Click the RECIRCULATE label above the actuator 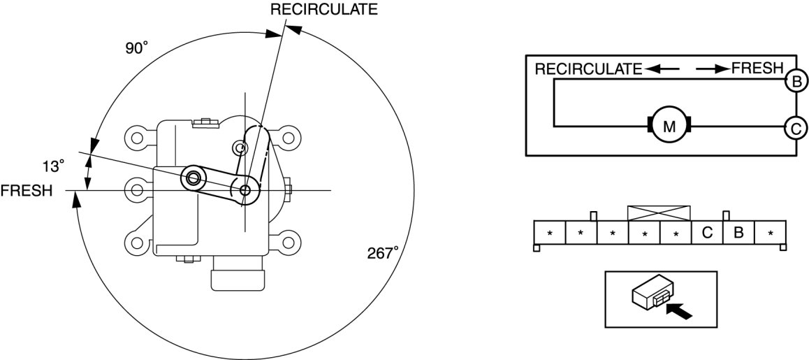click(x=323, y=9)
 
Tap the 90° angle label click(x=137, y=48)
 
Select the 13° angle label click(x=54, y=166)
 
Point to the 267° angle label click(x=383, y=252)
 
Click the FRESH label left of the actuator click(x=27, y=191)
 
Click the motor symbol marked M click(x=669, y=126)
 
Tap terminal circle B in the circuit click(x=796, y=82)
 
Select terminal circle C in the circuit click(x=796, y=127)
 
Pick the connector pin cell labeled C click(x=707, y=233)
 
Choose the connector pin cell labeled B click(x=738, y=233)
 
